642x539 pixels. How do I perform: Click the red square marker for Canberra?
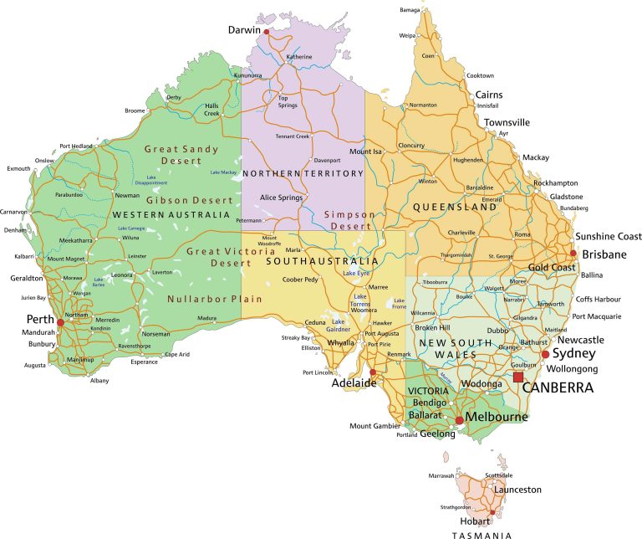518,377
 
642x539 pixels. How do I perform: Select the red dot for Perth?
59,321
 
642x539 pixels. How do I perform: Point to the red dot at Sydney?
545,354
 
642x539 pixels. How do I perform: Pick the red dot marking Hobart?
494,513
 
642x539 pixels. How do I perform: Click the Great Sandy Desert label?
181,156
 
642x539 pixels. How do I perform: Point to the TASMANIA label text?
482,533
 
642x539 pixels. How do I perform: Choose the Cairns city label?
489,95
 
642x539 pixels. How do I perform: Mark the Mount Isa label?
365,151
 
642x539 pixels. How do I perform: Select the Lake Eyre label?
356,274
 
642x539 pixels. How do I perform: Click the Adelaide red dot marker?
373,373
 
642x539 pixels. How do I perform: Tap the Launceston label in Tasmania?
517,490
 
